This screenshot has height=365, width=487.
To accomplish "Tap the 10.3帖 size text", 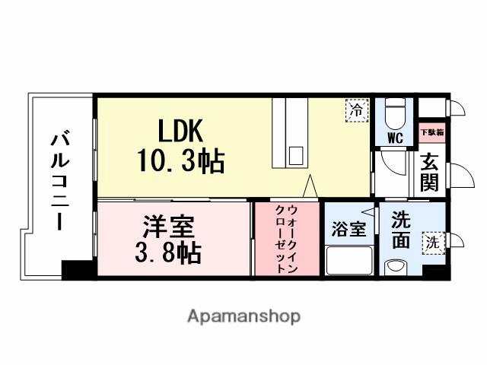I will pyautogui.click(x=180, y=160).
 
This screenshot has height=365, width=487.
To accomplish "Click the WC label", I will pyautogui.click(x=395, y=138).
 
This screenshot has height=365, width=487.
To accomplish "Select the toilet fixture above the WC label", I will pyautogui.click(x=394, y=115).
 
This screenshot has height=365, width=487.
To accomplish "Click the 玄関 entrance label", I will pyautogui.click(x=431, y=173).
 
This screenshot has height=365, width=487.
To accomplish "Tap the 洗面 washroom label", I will pyautogui.click(x=401, y=230).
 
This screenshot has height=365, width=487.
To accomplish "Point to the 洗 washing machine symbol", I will pyautogui.click(x=432, y=243).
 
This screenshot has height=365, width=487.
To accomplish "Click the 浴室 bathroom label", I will pyautogui.click(x=349, y=230).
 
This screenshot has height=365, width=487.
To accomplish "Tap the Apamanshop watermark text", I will pyautogui.click(x=243, y=316).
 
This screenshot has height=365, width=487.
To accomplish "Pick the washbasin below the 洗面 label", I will pyautogui.click(x=395, y=267).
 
